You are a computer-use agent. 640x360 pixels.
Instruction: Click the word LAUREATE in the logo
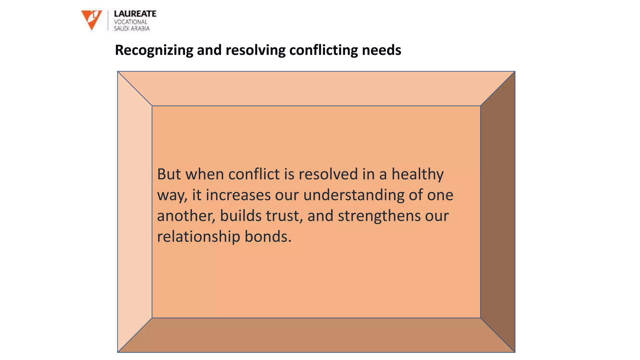coord(135,14)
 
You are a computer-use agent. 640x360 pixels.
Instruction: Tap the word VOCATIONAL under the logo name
coord(130,22)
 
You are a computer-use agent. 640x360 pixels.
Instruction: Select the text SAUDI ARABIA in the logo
coord(132,28)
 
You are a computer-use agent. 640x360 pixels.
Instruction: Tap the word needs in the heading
coord(381,50)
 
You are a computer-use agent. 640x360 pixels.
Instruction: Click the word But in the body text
coord(169,174)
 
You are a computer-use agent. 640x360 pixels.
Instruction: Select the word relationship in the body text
coord(198,237)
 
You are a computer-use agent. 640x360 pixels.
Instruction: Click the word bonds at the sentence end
coord(267,237)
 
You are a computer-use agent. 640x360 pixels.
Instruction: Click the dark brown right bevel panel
coord(497,212)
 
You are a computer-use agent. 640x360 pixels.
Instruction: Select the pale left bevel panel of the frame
coord(135,212)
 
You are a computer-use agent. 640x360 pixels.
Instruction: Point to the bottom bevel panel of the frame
coord(316,335)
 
